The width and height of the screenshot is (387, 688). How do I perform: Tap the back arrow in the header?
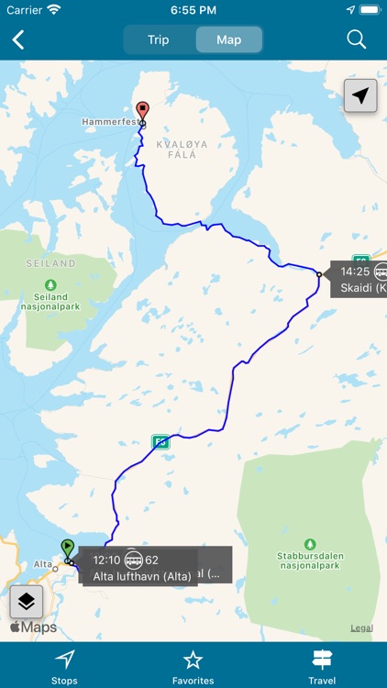(18, 39)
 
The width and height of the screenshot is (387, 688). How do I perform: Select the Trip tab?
(159, 39)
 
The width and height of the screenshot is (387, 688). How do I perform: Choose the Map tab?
(228, 39)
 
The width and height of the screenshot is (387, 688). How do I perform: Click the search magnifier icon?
(357, 39)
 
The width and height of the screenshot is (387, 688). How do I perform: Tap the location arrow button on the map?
(361, 95)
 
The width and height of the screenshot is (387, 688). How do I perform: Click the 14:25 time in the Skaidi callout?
(355, 272)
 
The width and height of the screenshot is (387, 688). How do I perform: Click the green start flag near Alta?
(67, 548)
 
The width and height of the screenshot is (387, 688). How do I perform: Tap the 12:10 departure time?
(106, 560)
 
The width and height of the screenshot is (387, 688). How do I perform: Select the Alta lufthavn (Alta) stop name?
(142, 575)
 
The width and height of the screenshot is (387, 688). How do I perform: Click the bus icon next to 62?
(134, 560)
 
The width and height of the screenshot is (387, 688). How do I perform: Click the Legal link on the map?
(361, 627)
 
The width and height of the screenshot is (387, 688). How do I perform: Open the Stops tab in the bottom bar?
(64, 666)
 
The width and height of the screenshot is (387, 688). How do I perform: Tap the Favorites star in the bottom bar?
(193, 666)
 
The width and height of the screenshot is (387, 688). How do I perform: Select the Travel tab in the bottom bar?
(322, 666)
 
